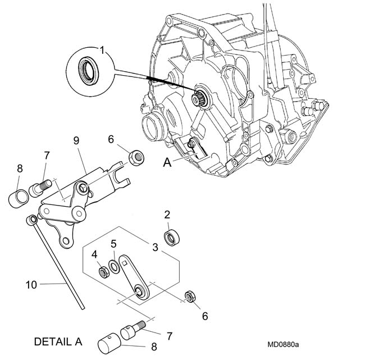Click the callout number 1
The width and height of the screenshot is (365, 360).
[x=102, y=50]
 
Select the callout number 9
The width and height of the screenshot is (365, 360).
[x=76, y=140]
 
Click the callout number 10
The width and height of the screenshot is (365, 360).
[x=31, y=285]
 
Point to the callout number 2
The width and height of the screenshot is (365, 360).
[x=167, y=215]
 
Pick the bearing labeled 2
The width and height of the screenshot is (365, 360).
[x=172, y=237]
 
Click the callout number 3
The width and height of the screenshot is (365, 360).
[x=155, y=247]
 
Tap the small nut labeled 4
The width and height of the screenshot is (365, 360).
[x=104, y=272]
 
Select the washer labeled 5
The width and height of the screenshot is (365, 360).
[x=115, y=267]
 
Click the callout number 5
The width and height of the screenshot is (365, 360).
[x=113, y=244]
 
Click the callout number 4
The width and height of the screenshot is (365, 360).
[x=94, y=254]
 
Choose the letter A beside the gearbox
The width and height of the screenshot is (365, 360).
[x=167, y=162]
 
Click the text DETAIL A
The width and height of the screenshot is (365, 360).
[x=58, y=341]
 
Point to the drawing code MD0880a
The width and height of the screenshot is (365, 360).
[x=283, y=344]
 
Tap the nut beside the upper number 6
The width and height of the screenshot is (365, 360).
[x=136, y=158]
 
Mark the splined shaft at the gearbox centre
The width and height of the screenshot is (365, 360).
[x=197, y=97]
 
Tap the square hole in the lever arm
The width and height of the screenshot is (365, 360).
[x=125, y=263]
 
